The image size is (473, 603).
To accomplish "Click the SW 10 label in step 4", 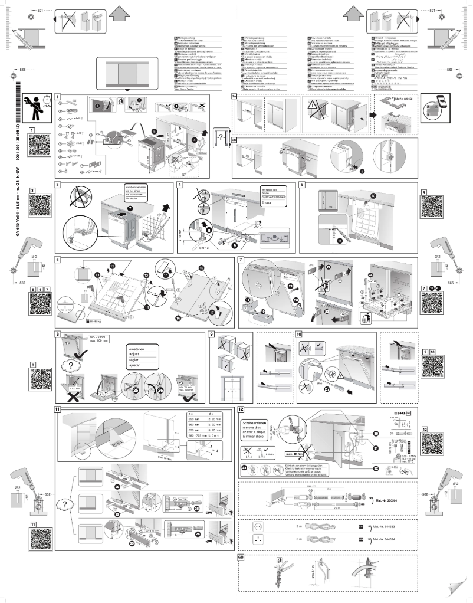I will click(239, 242).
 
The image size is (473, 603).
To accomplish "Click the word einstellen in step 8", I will click(137, 349).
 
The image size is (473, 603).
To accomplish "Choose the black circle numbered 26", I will click(160, 389).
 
